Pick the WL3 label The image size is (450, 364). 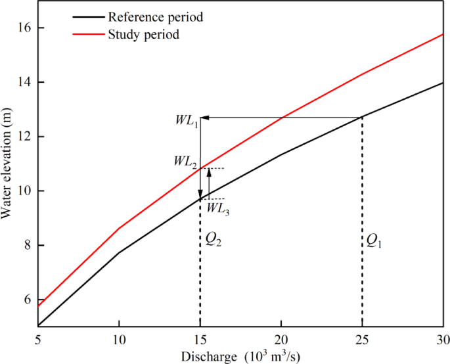pyautogui.click(x=218, y=208)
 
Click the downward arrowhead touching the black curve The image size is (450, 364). pyautogui.click(x=200, y=194)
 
